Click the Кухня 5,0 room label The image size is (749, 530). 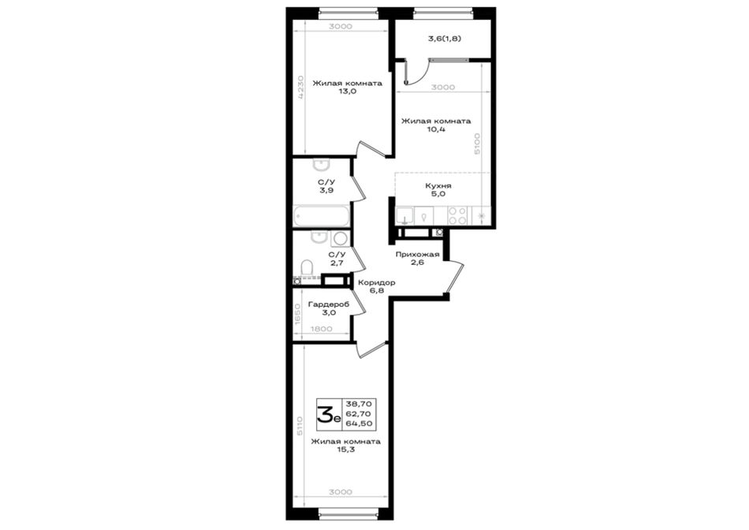point(438,190)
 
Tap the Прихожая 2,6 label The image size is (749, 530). point(417,258)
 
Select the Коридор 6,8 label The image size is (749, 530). point(376,286)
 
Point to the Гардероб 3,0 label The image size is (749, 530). point(328,308)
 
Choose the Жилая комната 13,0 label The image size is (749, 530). point(347,88)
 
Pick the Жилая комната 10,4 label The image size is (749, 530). point(436,125)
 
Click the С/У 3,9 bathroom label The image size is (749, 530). point(326,186)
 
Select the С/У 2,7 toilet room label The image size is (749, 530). point(337,259)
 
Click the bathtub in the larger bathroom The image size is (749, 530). point(321,216)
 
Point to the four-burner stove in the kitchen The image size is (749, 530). point(457,215)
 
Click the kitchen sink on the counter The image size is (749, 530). point(404,215)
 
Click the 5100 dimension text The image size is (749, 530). point(477,144)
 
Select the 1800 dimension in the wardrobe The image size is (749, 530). point(321,329)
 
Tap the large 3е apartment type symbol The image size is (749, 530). point(330,414)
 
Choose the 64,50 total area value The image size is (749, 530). point(362,424)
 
